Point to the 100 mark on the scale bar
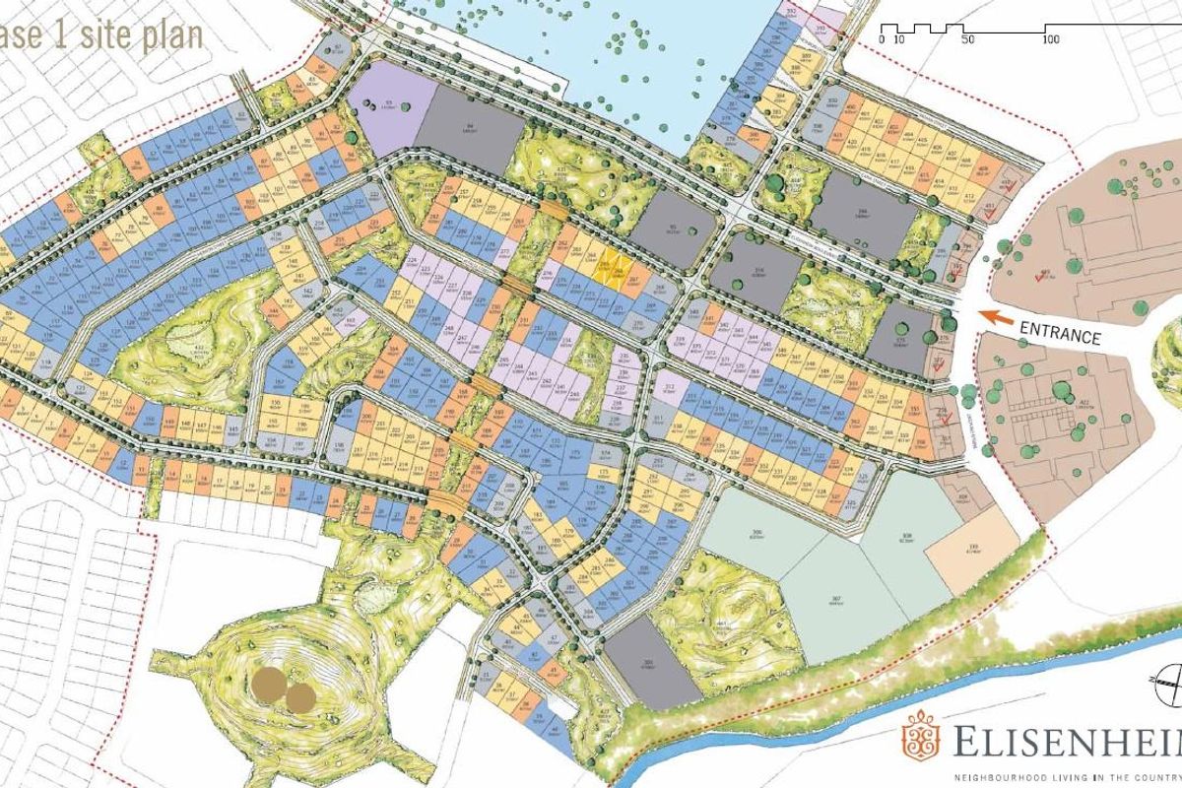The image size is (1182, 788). point(1050,39)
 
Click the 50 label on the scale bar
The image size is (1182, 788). point(967,39)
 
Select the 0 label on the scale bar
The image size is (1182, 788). point(882,39)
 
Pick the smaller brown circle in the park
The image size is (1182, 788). point(300,698)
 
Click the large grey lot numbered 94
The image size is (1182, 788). point(470,138)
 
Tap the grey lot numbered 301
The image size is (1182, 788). point(651,662)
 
